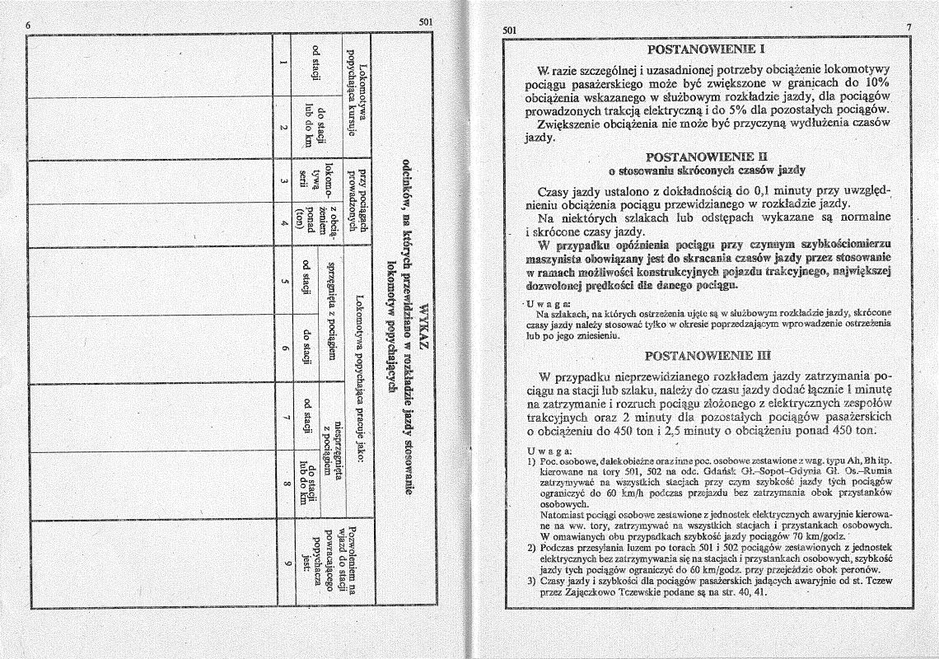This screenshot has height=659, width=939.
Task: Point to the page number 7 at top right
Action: coord(909,28)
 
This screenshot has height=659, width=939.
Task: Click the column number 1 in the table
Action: coord(283,69)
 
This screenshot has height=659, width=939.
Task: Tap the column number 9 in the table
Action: coord(283,563)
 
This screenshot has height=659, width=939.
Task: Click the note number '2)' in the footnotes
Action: coord(531,548)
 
